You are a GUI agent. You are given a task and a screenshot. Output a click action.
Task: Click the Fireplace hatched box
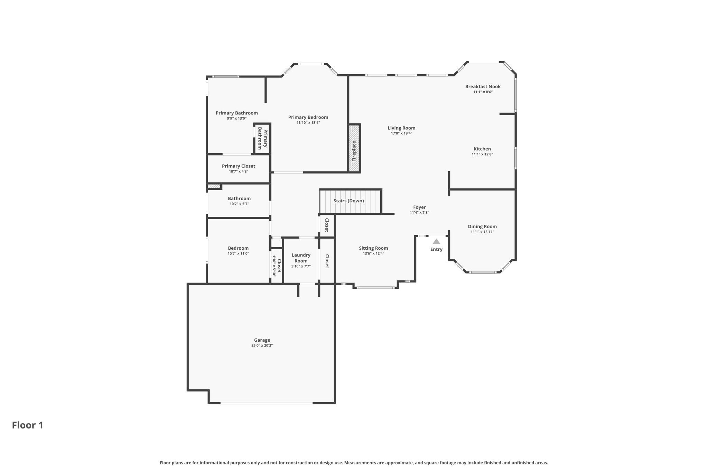click(354, 148)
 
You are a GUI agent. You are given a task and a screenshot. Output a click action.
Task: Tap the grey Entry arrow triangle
click(436, 241)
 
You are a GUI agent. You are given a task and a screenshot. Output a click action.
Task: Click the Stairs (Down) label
click(348, 201)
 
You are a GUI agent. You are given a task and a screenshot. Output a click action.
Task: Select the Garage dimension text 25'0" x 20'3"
click(262, 345)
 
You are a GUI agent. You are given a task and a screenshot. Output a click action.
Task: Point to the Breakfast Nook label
click(483, 86)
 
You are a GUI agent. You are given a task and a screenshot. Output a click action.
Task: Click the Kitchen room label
click(482, 149)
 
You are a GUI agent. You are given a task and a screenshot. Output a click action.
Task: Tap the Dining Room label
click(482, 226)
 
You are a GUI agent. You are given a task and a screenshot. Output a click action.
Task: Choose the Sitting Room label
click(373, 248)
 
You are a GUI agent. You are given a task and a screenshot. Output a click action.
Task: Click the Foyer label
click(419, 207)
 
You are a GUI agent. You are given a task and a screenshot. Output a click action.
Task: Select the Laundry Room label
click(301, 258)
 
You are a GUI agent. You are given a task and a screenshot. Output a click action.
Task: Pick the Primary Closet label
click(239, 166)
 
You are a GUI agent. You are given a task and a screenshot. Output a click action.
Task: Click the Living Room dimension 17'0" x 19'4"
click(401, 133)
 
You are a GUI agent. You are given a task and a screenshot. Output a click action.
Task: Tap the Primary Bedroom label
click(308, 118)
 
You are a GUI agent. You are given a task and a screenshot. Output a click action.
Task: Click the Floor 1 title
click(28, 425)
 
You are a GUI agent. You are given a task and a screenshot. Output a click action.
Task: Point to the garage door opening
click(267, 403)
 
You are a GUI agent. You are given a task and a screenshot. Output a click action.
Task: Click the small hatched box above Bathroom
click(214, 186)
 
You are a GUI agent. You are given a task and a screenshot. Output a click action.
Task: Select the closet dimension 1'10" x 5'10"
click(274, 266)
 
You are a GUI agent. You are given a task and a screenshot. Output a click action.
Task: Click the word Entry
click(436, 249)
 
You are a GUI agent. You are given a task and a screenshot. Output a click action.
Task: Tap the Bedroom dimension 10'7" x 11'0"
click(238, 253)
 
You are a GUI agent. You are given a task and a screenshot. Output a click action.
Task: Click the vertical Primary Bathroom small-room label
click(263, 138)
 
